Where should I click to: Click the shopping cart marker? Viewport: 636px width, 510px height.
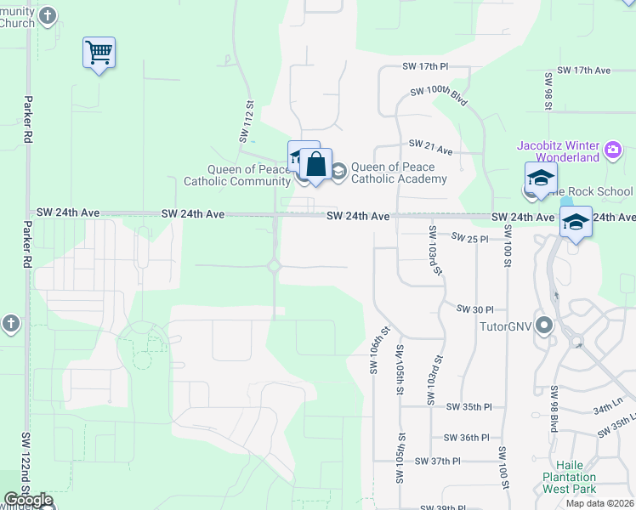pyautogui.click(x=99, y=53)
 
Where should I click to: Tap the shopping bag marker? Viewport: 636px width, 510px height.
pyautogui.click(x=315, y=164)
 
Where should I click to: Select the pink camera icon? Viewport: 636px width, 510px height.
pyautogui.click(x=612, y=152)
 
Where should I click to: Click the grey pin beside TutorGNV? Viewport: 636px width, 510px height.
pyautogui.click(x=544, y=326)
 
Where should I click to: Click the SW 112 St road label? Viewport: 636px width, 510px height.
pyautogui.click(x=247, y=122)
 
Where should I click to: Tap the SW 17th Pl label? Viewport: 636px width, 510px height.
pyautogui.click(x=425, y=66)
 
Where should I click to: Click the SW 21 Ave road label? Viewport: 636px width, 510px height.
pyautogui.click(x=430, y=145)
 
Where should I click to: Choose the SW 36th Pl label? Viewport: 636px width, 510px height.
pyautogui.click(x=466, y=438)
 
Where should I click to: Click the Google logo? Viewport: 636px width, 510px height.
pyautogui.click(x=27, y=501)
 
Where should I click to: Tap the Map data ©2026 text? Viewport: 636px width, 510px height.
pyautogui.click(x=600, y=503)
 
